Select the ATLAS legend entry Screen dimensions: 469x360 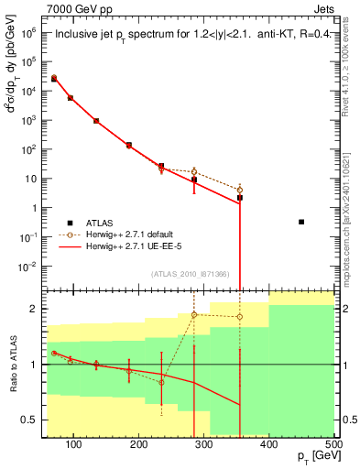97,223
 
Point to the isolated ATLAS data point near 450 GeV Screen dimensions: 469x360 301,222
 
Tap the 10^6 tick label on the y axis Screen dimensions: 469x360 28,32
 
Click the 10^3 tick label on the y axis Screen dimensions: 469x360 28,120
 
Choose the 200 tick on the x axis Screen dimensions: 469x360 139,444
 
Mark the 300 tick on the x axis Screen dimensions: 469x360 204,444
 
